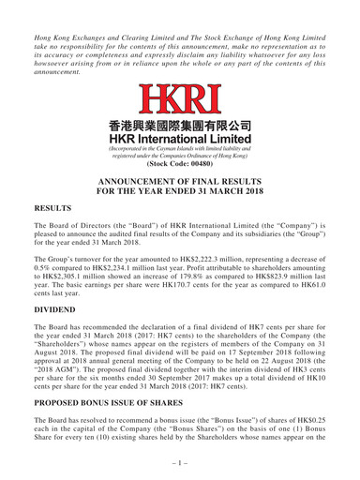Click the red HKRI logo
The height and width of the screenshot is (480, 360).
179,98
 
